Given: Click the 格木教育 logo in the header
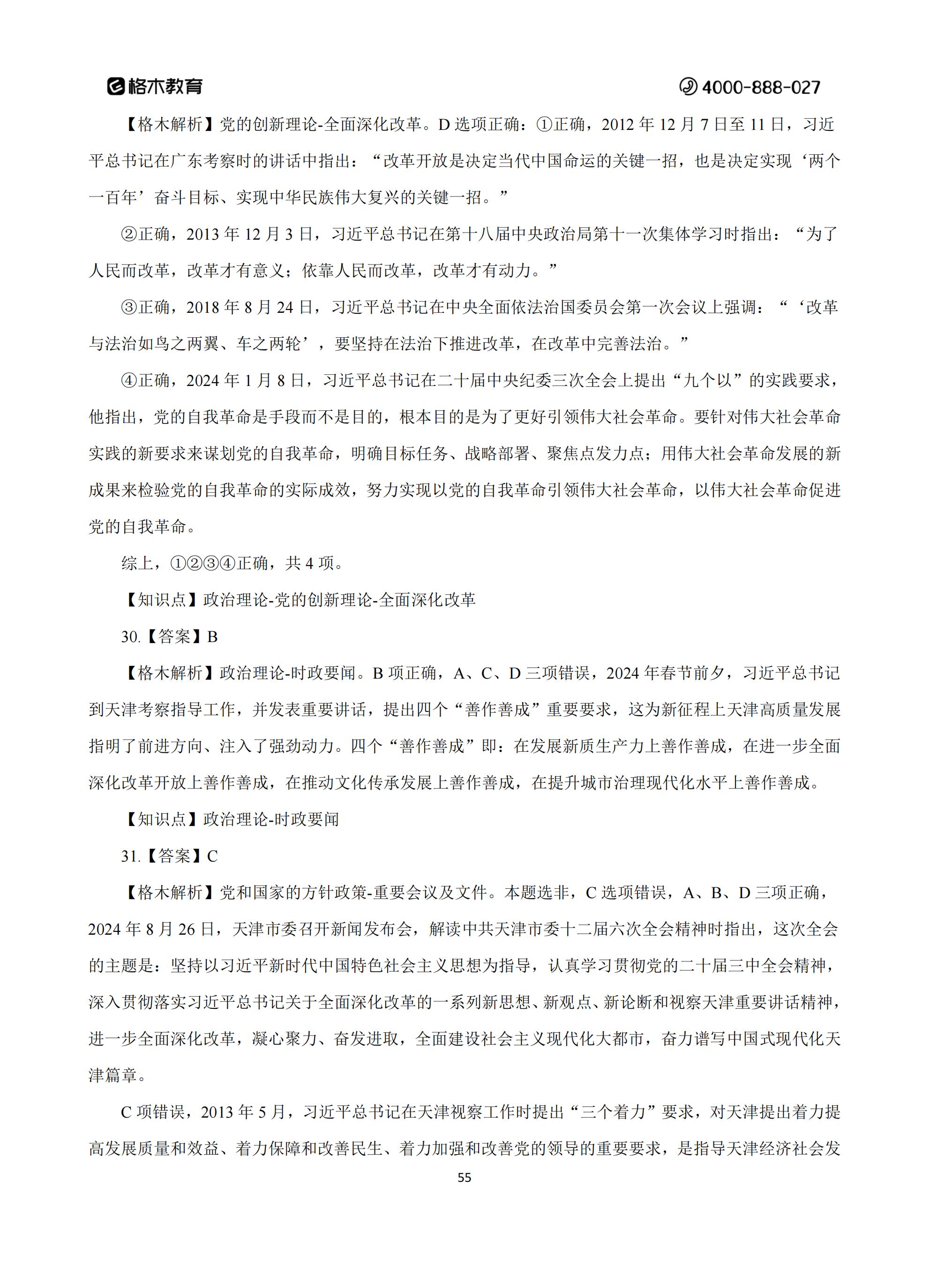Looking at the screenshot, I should pyautogui.click(x=155, y=86).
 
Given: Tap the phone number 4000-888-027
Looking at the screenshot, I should pyautogui.click(x=761, y=87).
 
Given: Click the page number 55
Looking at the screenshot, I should pyautogui.click(x=465, y=1178).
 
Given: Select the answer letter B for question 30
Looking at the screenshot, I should pyautogui.click(x=212, y=637).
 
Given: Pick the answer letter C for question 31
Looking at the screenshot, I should pyautogui.click(x=212, y=856).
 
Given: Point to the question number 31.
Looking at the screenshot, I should pyautogui.click(x=130, y=856).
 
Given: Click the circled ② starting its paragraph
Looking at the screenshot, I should pyautogui.click(x=129, y=234).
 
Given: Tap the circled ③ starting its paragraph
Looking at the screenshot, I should pyautogui.click(x=129, y=308).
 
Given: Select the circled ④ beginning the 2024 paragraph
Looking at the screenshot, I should pyautogui.click(x=129, y=381).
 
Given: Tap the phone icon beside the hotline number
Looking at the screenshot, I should pyautogui.click(x=688, y=87).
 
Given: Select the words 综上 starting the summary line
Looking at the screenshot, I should pyautogui.click(x=137, y=564).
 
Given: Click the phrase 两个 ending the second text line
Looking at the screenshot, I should pyautogui.click(x=824, y=161).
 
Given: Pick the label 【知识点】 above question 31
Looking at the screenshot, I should pyautogui.click(x=162, y=820).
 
